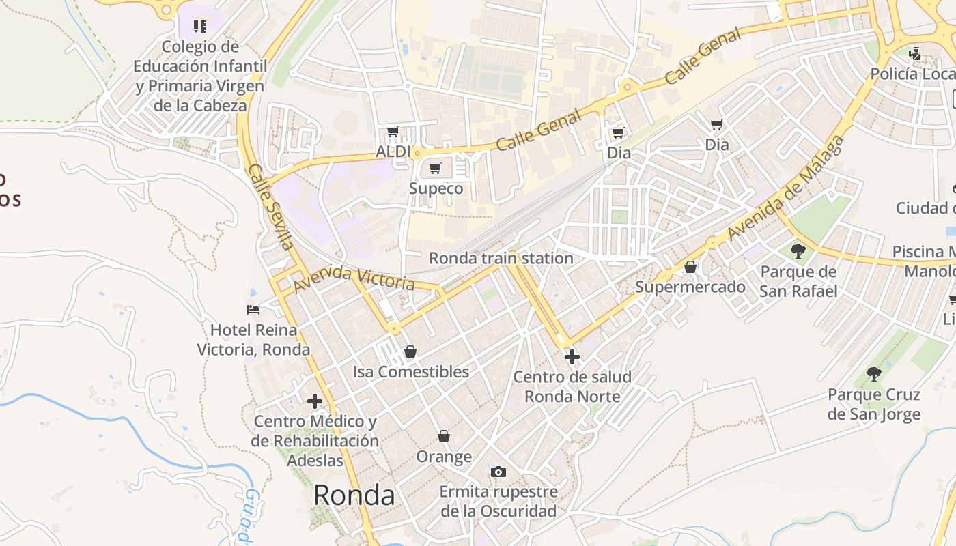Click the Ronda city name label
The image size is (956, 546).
point(354,495)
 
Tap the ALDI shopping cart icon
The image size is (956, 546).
point(393,131)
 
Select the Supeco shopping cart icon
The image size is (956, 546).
point(436,168)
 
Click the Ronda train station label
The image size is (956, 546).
point(501,258)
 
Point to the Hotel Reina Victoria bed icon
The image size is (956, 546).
point(253,310)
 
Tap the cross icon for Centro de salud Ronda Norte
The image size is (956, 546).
point(572,356)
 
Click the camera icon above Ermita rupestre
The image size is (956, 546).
point(498,472)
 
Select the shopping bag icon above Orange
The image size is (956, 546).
point(444,436)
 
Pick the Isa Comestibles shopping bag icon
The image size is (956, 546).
point(410,351)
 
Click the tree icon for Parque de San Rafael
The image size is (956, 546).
point(798,251)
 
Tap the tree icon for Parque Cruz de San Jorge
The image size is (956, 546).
point(873,373)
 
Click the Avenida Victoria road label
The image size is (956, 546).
point(354,278)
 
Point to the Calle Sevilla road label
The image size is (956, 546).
point(270,207)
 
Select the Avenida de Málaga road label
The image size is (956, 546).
point(786,188)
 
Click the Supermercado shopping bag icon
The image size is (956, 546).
point(690,267)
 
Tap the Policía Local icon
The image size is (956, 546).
point(914,53)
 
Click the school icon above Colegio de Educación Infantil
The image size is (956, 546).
point(199,27)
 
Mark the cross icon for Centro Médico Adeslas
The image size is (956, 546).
point(314,401)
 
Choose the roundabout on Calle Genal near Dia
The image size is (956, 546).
point(627,87)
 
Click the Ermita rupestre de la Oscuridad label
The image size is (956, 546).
point(498,501)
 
